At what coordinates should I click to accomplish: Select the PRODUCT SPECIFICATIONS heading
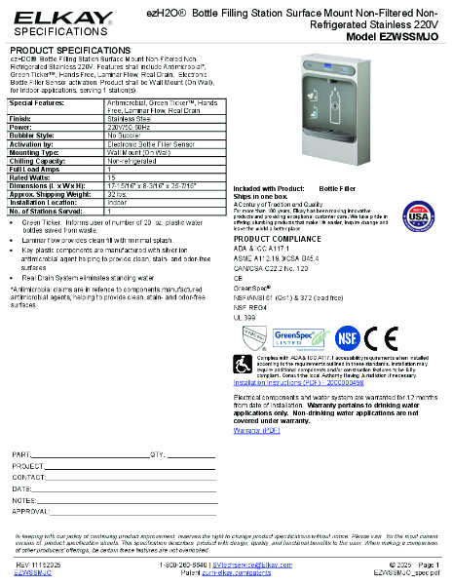tap(62, 49)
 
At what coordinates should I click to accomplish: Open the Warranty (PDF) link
tap(258, 429)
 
